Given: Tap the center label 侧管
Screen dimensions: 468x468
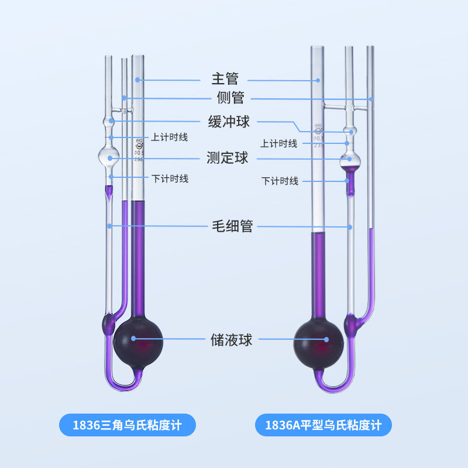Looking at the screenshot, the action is point(229,97).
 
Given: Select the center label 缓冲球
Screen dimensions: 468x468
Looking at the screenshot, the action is point(229,122).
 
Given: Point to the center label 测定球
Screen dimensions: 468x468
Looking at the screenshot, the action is point(228,157).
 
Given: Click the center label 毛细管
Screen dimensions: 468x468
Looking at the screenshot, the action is point(232,226).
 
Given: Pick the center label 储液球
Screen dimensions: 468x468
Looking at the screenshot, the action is point(232,339).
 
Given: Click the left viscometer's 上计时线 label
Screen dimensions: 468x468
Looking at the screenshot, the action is point(170,137).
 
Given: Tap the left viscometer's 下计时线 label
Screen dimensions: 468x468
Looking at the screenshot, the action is point(170,178).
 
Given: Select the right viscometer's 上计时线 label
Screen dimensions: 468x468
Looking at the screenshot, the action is point(279,143).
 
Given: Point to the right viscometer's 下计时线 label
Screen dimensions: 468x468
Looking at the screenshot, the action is point(280,181).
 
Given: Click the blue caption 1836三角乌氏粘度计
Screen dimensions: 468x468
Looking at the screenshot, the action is point(128,425).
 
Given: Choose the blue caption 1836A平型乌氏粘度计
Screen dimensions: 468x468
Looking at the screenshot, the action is point(323,425).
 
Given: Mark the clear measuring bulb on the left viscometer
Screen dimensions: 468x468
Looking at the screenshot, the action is point(109,156).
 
